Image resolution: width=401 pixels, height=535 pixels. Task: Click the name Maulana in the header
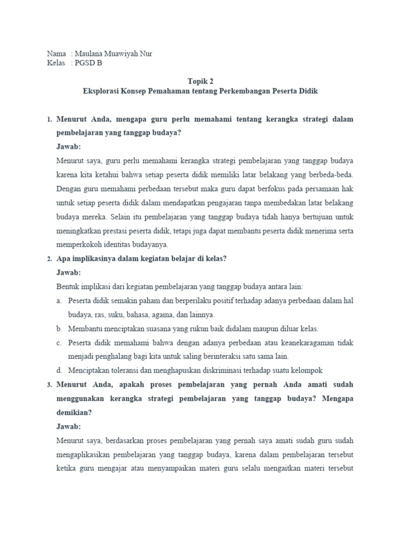coord(90,54)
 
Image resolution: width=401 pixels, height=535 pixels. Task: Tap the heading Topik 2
coord(200,81)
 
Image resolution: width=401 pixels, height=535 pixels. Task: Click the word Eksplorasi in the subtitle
coord(101,91)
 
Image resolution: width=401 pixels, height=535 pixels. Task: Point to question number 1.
coord(49,120)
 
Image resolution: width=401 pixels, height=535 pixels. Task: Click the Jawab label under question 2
coord(68,273)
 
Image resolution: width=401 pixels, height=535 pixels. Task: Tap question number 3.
coord(49,385)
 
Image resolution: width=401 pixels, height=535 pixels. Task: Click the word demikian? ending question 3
coord(73,412)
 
